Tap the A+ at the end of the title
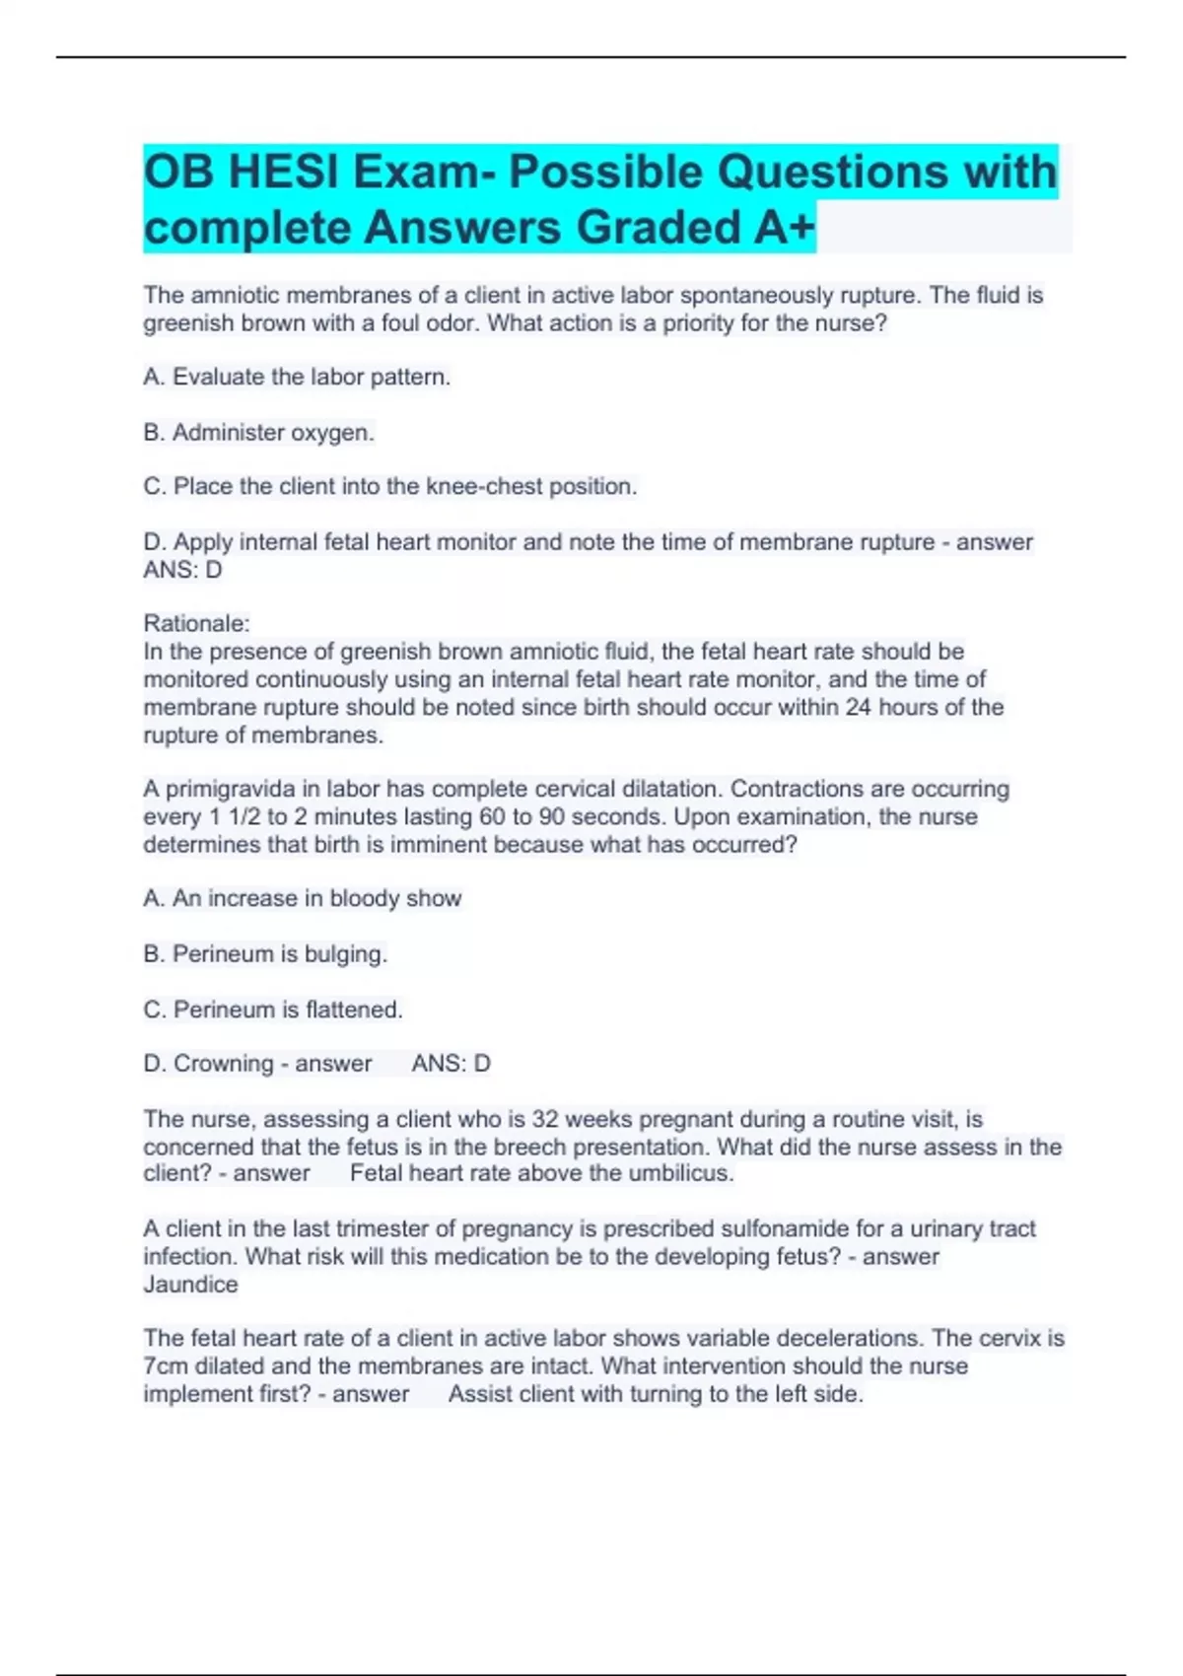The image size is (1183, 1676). (784, 228)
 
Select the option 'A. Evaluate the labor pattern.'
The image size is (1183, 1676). (297, 377)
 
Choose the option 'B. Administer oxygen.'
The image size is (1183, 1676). (258, 432)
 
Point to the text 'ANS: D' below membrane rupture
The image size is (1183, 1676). (182, 570)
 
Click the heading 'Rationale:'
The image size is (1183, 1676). (196, 623)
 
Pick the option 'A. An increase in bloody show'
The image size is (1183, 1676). (302, 898)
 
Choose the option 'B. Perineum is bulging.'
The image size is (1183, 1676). (264, 953)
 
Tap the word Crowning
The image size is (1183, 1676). (223, 1064)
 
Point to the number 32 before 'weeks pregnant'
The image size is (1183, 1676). (545, 1119)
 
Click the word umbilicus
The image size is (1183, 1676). (682, 1173)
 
